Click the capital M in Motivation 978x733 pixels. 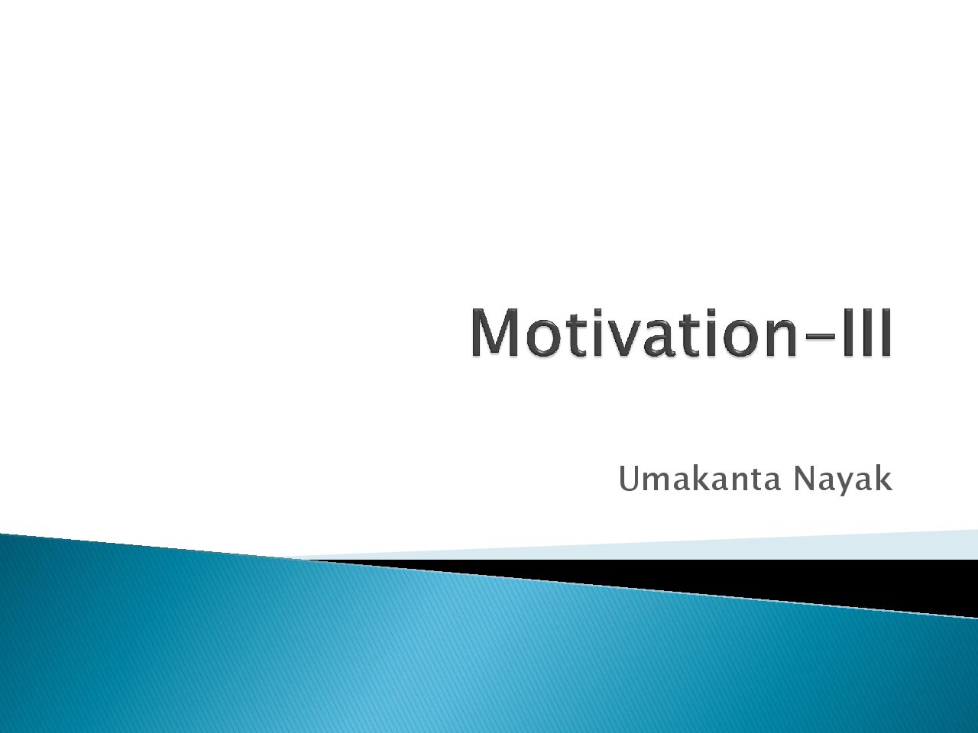tap(494, 333)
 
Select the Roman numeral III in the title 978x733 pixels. tap(870, 333)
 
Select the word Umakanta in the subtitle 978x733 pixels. tap(699, 479)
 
